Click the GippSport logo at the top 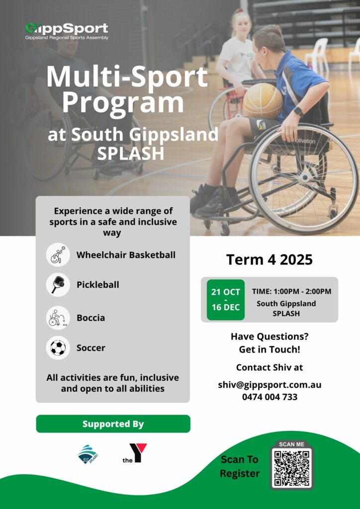pos(67,31)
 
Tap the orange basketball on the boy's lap pos(263,100)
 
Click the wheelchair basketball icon pos(58,255)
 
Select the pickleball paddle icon pos(58,285)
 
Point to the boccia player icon pos(58,318)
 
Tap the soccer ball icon pos(58,347)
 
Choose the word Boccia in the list pos(90,318)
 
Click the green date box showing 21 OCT pos(226,300)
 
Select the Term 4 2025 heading pos(270,259)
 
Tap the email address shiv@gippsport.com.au pos(270,385)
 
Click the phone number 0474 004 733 pos(270,397)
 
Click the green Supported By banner pos(113,424)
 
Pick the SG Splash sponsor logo pos(88,454)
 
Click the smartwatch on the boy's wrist pos(298,112)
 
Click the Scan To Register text pos(240,466)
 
